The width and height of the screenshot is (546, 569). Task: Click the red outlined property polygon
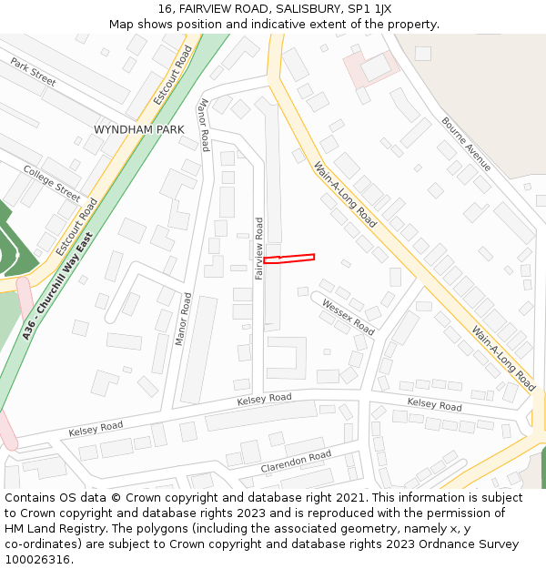coord(289,259)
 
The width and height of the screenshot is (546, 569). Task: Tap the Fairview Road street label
coord(259,248)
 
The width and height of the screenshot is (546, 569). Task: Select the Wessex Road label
coord(348,317)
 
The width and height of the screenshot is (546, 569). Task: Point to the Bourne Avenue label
coord(466,144)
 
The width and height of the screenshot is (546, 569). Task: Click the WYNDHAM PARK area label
coord(138,130)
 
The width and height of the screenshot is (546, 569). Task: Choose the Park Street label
coord(33,73)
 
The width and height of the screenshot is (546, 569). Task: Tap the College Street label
coord(52,184)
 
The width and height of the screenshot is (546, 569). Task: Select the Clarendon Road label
coord(296,462)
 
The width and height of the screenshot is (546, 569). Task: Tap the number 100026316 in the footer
coord(37,559)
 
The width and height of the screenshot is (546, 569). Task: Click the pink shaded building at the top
coord(371,66)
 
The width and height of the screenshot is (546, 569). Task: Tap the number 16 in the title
coord(165,9)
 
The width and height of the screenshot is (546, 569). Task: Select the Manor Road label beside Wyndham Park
coord(204,125)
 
